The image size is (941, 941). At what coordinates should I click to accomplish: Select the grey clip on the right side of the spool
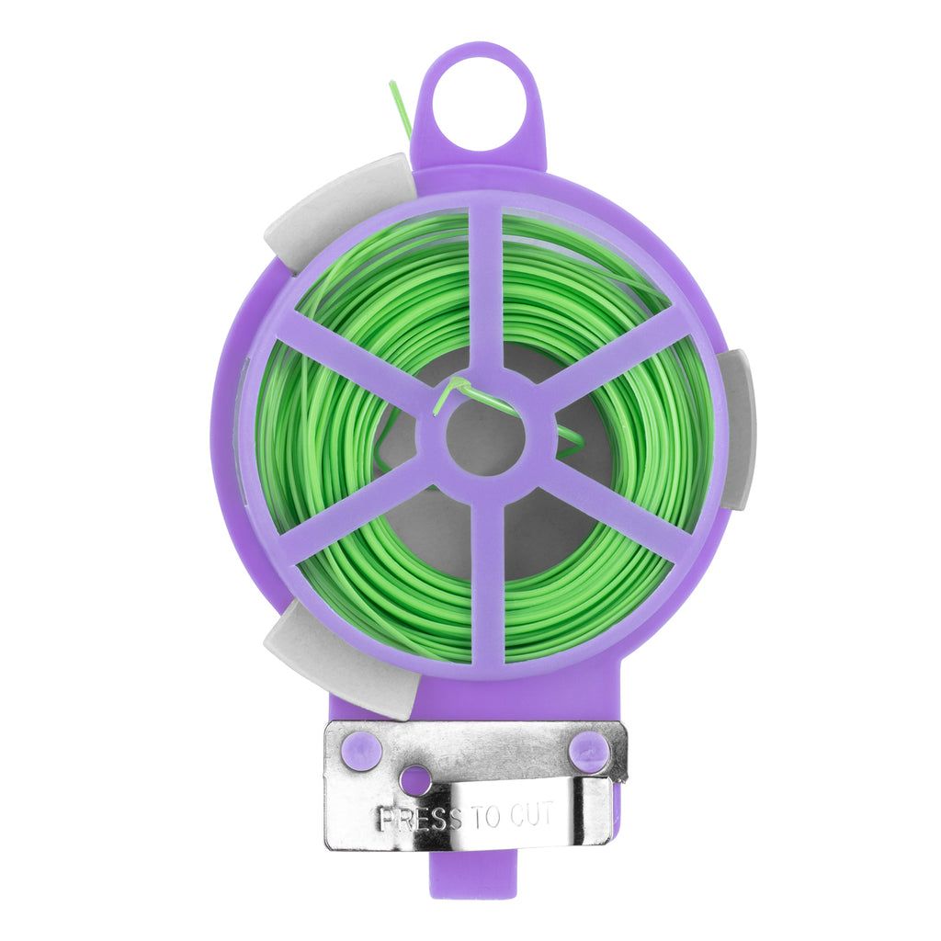point(736,429)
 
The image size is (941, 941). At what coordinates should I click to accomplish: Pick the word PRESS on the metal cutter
point(421,819)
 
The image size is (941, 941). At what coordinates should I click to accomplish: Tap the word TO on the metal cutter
point(485,816)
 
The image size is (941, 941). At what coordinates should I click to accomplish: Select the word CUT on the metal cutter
point(531,815)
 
